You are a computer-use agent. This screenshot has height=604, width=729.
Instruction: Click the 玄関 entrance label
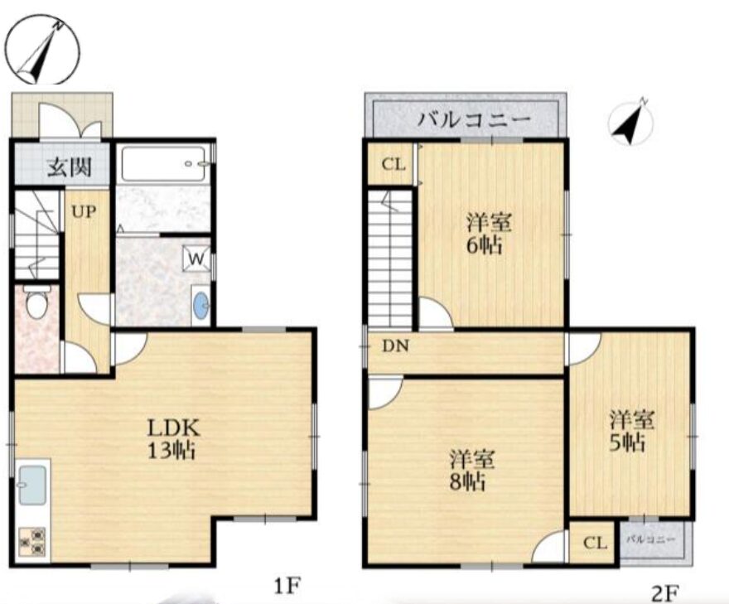[70, 167]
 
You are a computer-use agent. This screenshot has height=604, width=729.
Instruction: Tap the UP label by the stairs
[84, 212]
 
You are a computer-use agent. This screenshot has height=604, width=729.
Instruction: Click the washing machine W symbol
[196, 258]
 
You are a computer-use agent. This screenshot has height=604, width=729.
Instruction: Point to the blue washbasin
[201, 306]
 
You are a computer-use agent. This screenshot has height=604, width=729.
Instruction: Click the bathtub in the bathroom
[164, 164]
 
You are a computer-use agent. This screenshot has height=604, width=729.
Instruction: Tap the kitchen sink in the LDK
[32, 486]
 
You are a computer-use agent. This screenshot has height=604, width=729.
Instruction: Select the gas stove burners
[32, 542]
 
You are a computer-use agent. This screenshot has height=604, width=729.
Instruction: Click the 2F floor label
[665, 593]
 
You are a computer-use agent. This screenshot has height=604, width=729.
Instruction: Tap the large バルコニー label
[474, 119]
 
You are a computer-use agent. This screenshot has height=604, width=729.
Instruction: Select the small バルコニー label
[650, 539]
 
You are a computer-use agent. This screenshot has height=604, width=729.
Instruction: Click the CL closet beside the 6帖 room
[393, 164]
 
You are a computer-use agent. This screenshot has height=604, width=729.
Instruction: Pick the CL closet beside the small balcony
[595, 543]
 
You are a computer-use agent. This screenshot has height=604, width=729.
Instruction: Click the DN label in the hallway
[396, 345]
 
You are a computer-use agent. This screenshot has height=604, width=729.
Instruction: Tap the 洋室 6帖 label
[489, 234]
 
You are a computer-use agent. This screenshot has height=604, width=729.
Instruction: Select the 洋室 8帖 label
[471, 471]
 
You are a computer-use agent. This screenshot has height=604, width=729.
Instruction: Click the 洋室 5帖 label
[632, 431]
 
